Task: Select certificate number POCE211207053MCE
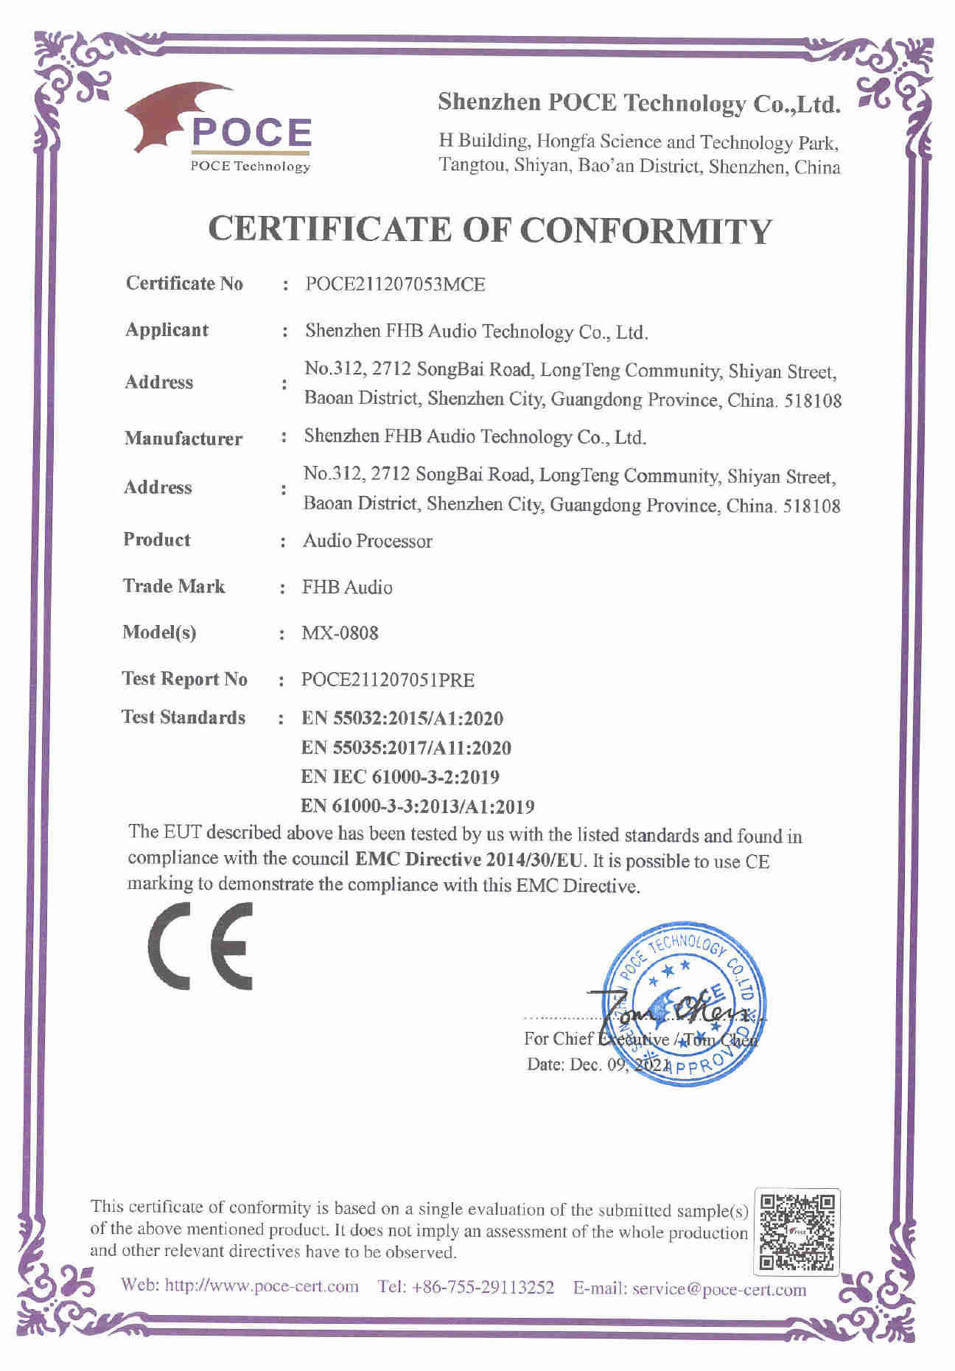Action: (x=395, y=285)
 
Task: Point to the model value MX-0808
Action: (x=340, y=632)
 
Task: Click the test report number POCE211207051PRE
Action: (x=388, y=680)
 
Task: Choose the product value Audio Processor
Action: (x=367, y=541)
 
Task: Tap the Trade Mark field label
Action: (x=174, y=587)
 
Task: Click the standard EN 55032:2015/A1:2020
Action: (x=402, y=718)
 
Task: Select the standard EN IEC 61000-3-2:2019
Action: (x=400, y=776)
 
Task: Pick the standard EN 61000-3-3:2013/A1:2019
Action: (x=418, y=806)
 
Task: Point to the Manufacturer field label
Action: (x=183, y=439)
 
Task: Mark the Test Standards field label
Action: (x=183, y=717)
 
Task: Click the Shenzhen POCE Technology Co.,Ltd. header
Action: (x=638, y=103)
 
